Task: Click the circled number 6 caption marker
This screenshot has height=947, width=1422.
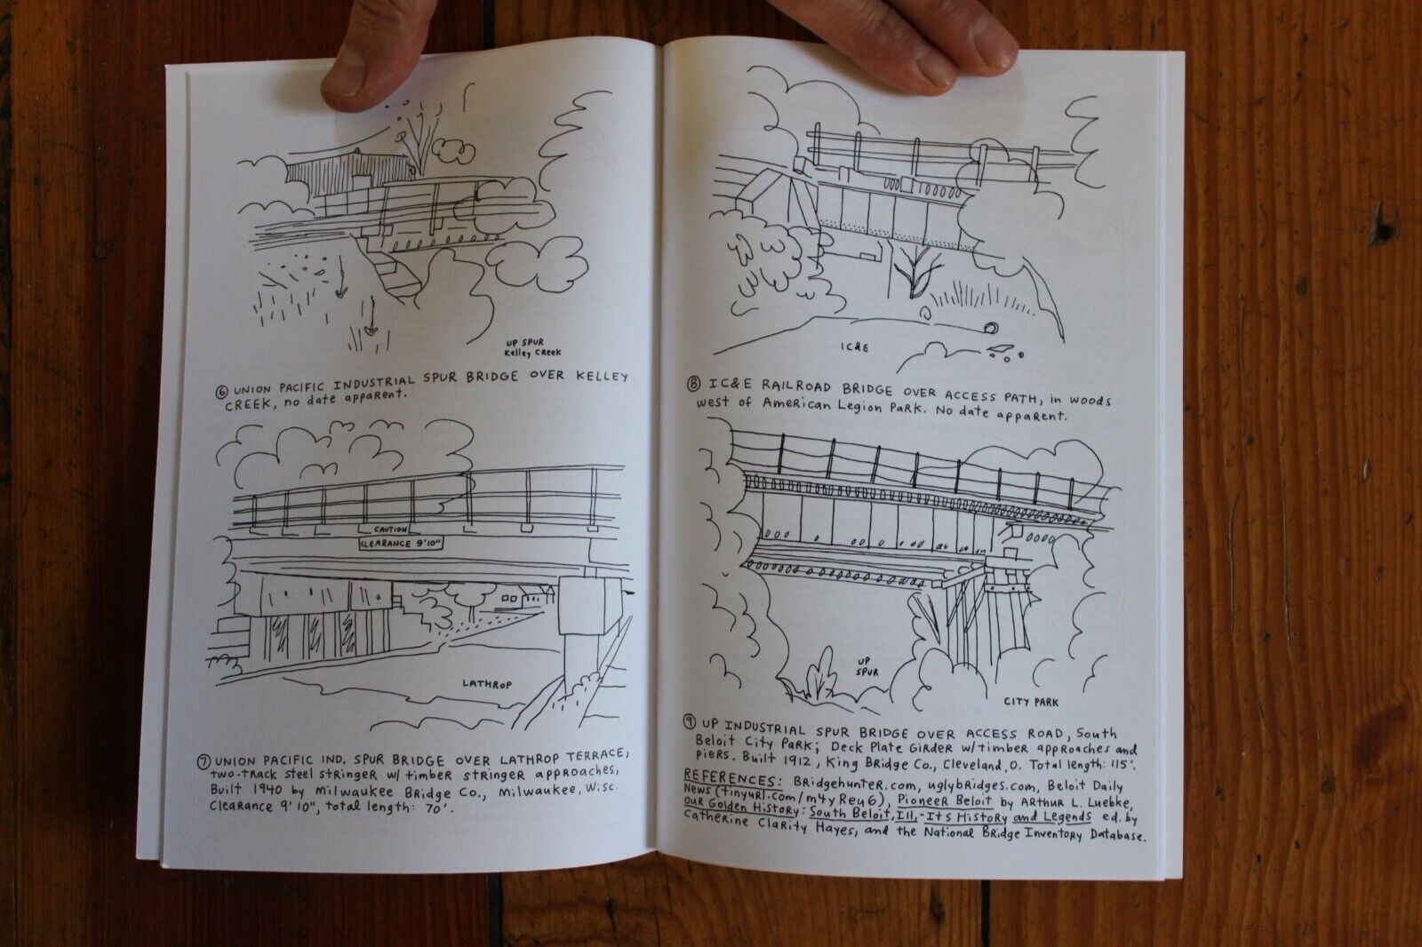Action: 223,393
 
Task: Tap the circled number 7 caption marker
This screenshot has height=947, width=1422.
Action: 204,761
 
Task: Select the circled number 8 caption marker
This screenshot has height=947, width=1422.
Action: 694,384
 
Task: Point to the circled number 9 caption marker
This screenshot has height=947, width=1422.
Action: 689,721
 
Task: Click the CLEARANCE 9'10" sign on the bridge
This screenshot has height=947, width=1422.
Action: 401,544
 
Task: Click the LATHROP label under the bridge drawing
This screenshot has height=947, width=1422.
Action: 487,684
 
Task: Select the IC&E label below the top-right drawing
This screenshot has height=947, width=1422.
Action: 854,347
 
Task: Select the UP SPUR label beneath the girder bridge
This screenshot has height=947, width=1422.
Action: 866,665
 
